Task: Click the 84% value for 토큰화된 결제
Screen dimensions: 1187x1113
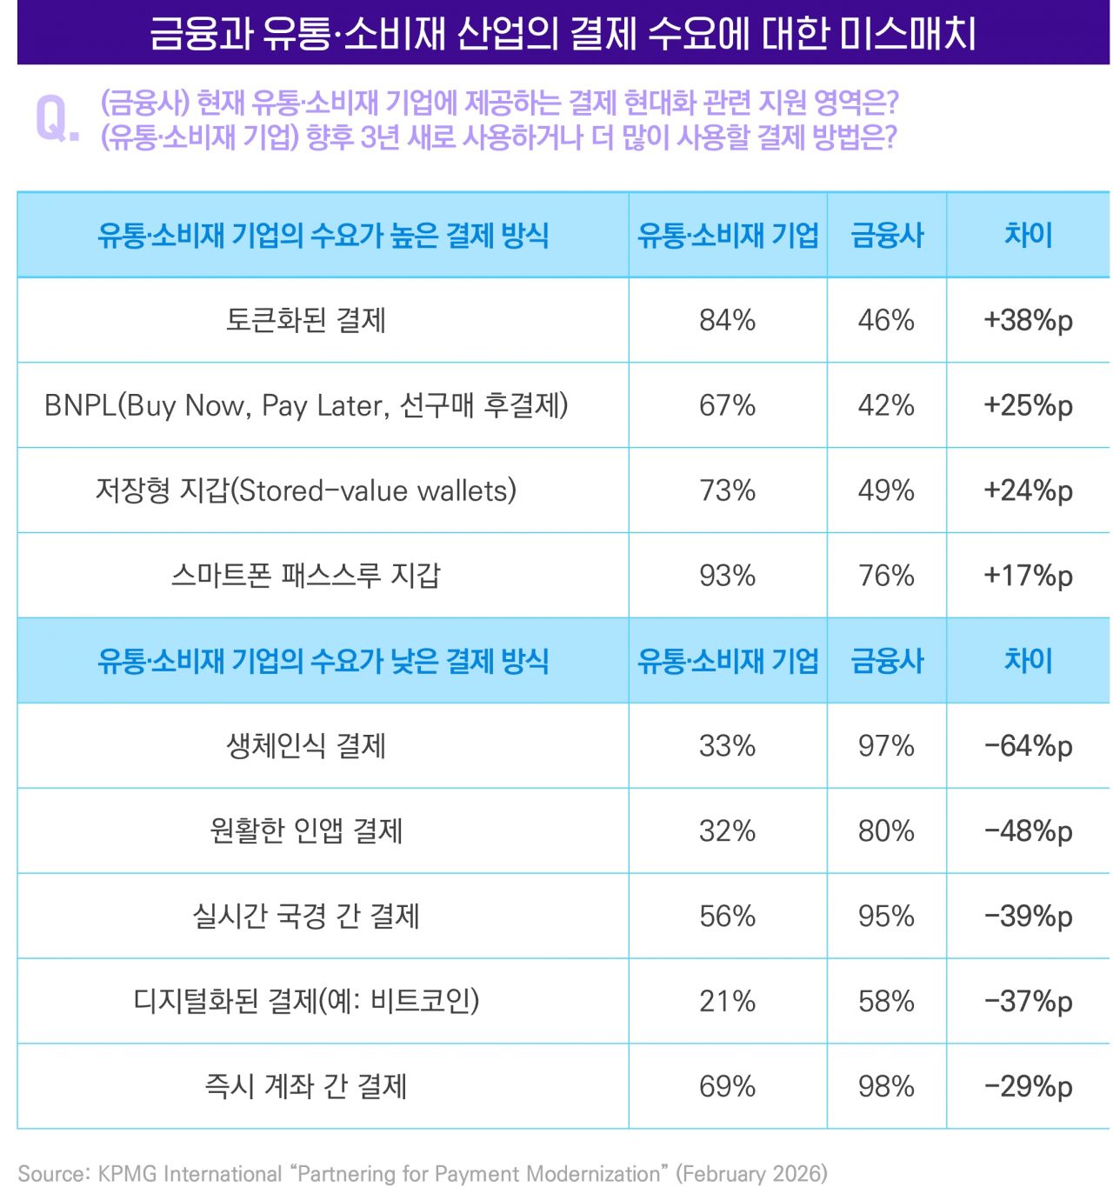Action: [x=727, y=320]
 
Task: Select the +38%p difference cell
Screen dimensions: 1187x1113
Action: [x=1028, y=320]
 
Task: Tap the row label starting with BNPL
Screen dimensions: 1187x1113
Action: [x=306, y=405]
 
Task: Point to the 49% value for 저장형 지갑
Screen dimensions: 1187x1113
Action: [x=886, y=490]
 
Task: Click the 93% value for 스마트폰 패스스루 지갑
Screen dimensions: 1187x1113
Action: [x=727, y=576]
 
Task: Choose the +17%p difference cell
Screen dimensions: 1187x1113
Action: [x=1028, y=576]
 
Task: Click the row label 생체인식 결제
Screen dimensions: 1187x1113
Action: [x=306, y=746]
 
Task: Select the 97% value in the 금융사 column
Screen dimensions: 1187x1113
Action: [x=886, y=746]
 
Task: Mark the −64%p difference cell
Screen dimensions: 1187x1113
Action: [x=1028, y=746]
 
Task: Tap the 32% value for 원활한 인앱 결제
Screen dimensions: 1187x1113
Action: [x=727, y=831]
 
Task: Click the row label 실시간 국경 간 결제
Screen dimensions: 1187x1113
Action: [x=306, y=917]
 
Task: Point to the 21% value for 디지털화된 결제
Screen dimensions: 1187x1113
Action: [x=727, y=1002]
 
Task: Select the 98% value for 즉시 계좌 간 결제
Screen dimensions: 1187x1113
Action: [x=886, y=1087]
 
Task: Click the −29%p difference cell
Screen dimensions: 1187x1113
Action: [x=1028, y=1087]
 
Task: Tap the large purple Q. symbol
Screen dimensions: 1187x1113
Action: [x=57, y=120]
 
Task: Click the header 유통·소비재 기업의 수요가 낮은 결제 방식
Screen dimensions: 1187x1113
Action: [x=323, y=661]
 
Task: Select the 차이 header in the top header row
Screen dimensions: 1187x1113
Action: [x=1028, y=235]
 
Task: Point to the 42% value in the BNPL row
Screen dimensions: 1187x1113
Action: [x=886, y=405]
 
